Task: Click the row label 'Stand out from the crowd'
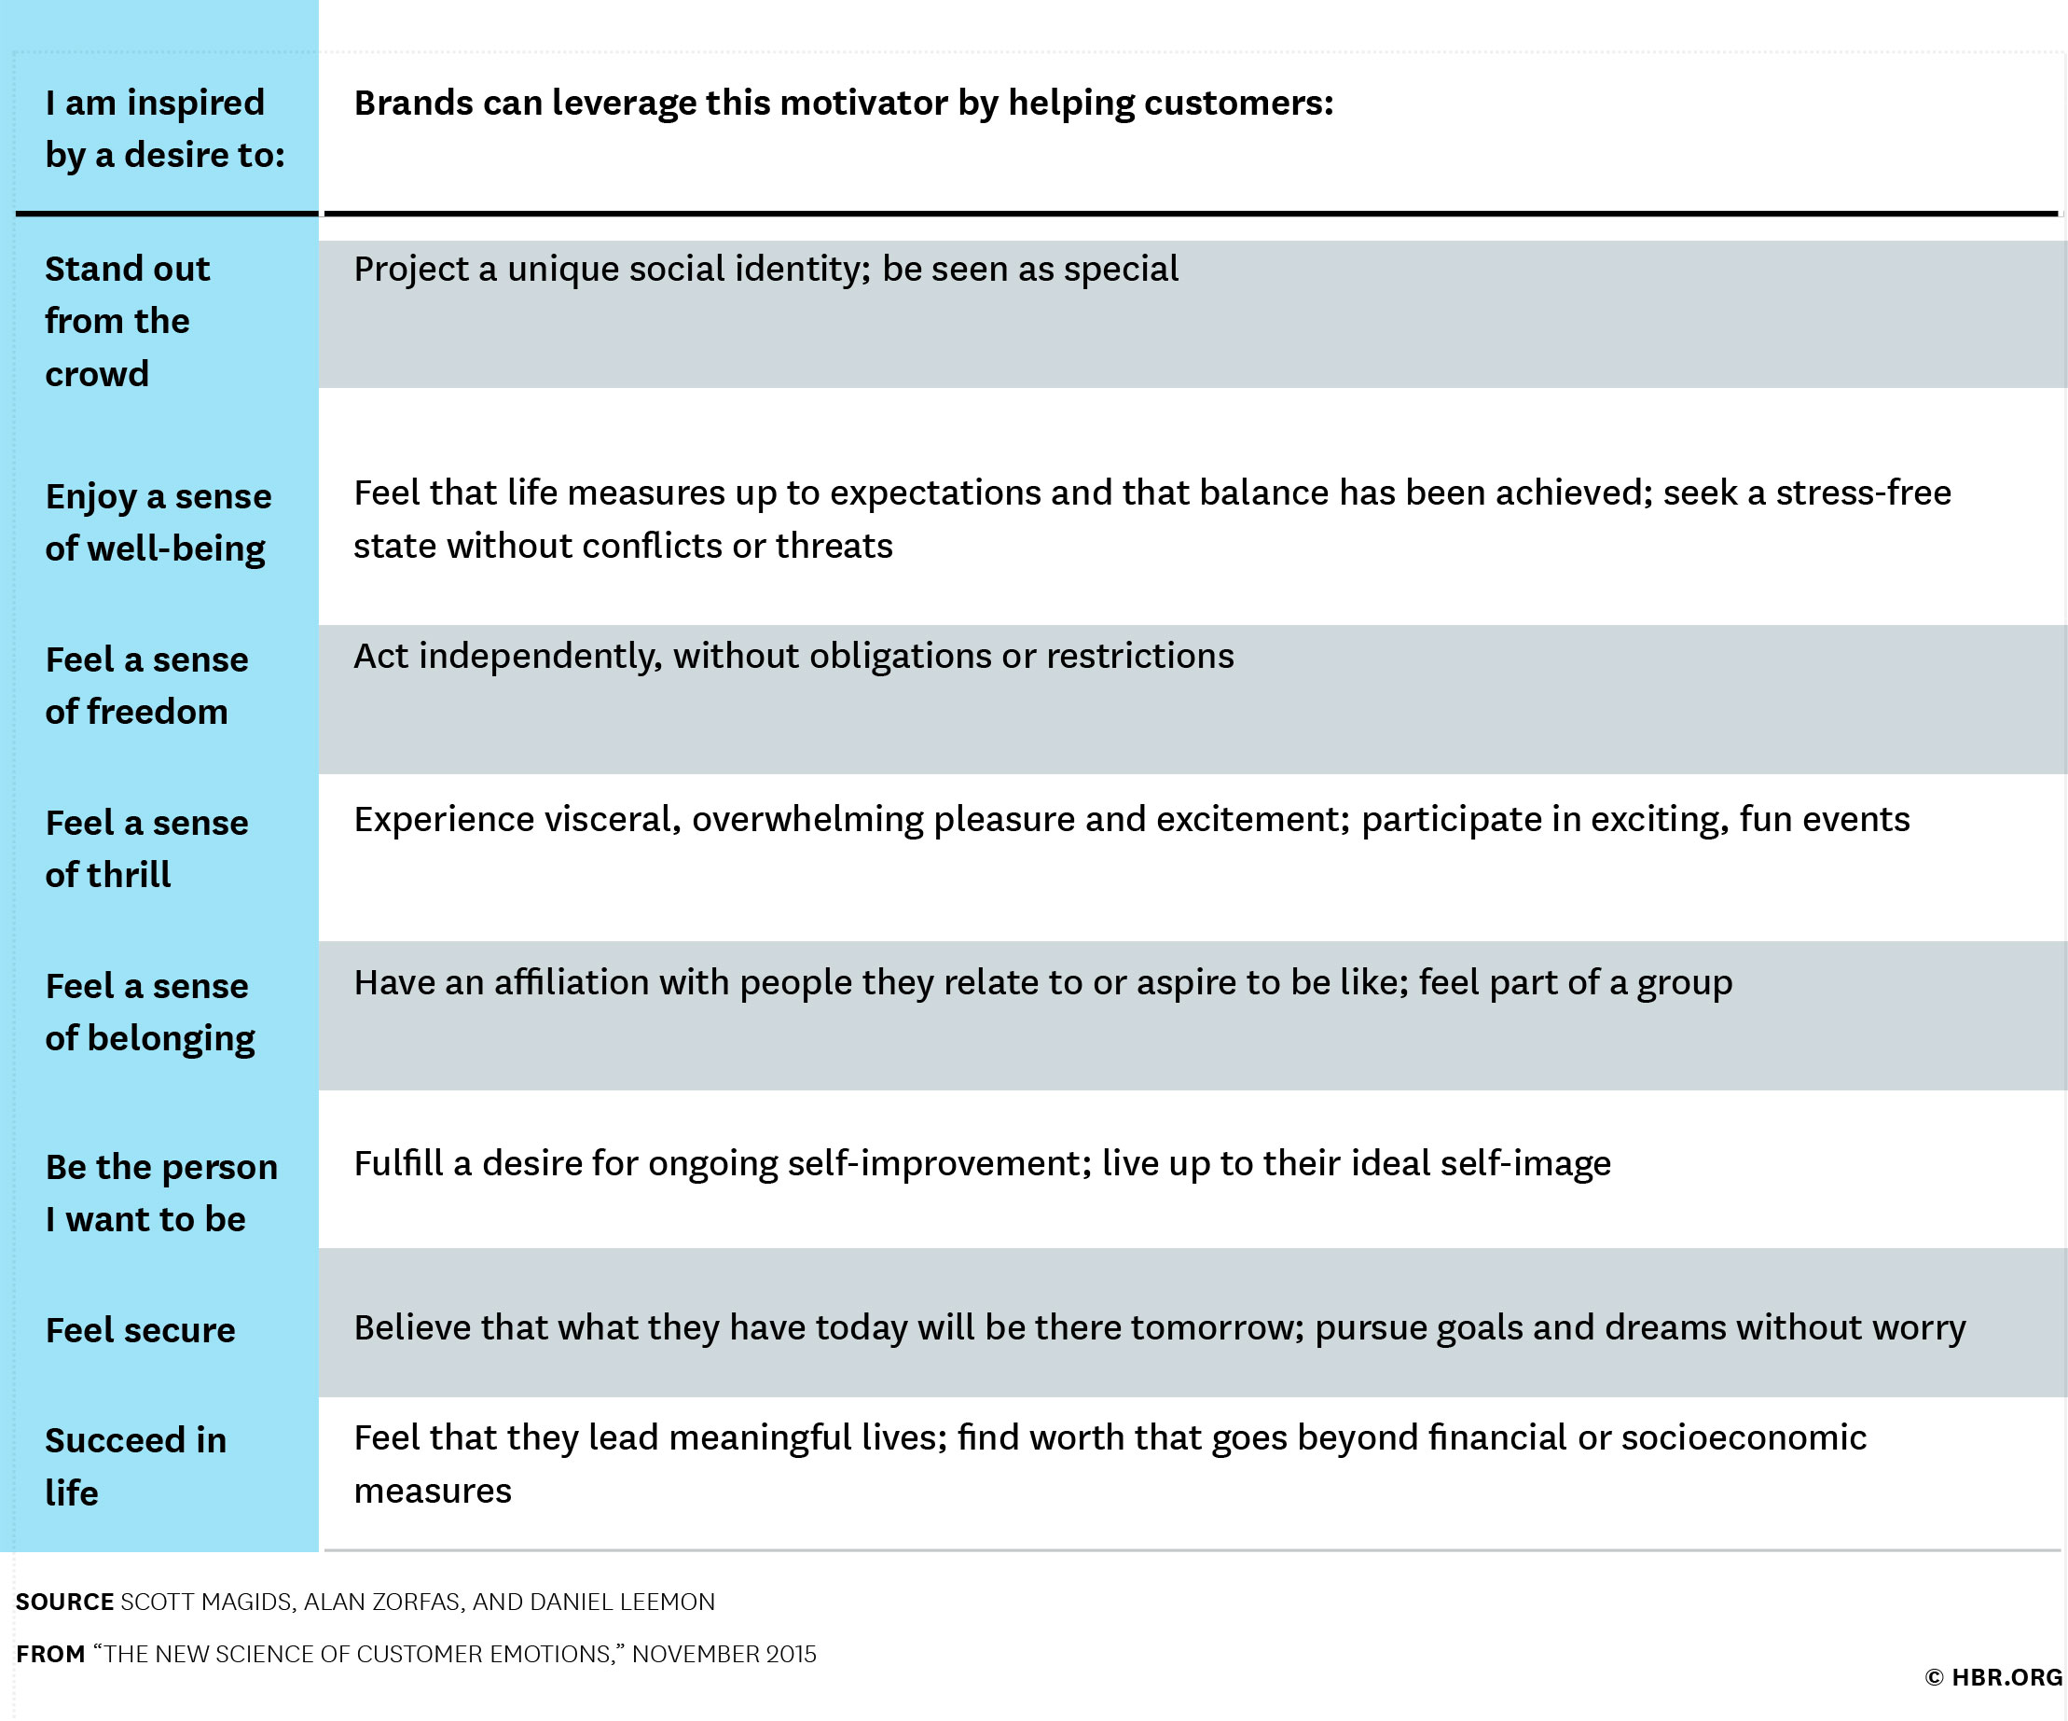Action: [127, 321]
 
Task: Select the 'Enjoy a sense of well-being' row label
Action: [159, 523]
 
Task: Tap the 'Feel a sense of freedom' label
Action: [146, 686]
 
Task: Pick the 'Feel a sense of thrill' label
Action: [146, 848]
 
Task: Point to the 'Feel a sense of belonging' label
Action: [150, 1013]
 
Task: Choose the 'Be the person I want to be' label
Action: [161, 1193]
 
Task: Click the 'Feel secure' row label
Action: [141, 1330]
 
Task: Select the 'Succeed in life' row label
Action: [136, 1465]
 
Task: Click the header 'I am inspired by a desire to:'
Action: [165, 128]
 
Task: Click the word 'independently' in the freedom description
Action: [541, 657]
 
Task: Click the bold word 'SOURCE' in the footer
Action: [65, 1602]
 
